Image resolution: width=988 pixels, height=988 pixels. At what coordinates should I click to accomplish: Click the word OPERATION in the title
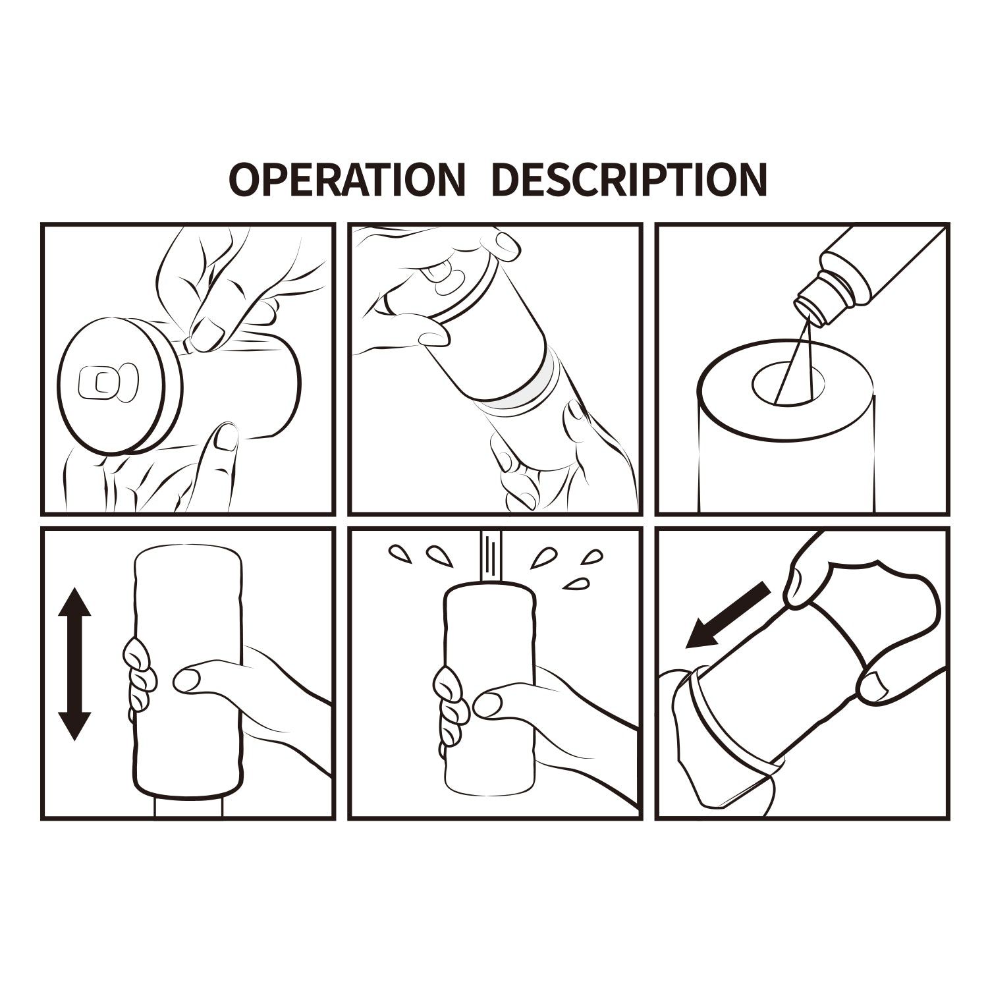[346, 178]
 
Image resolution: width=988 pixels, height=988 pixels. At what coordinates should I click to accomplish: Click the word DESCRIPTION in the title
[630, 178]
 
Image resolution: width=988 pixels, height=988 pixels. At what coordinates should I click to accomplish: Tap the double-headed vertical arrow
[74, 665]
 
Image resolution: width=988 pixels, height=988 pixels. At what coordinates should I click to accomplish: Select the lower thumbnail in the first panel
[227, 439]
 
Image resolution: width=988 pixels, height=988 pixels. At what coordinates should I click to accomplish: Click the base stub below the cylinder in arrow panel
[188, 808]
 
